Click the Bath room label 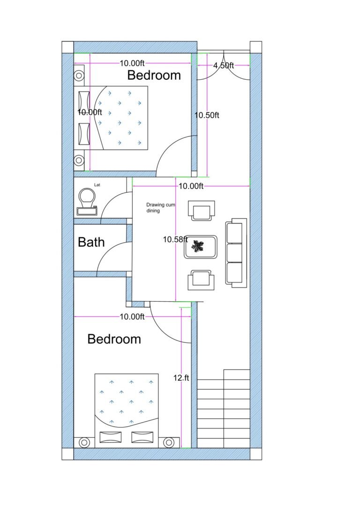[91, 242]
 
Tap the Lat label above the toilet [97, 185]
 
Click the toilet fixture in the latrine [87, 199]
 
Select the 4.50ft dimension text [224, 66]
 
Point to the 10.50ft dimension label [207, 115]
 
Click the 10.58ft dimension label [175, 239]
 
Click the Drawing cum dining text [160, 208]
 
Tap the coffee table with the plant [201, 247]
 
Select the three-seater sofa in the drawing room [236, 252]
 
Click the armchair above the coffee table [201, 210]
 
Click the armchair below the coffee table [201, 280]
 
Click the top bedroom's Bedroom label [154, 75]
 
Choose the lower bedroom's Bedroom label [114, 339]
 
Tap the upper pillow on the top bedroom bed [84, 99]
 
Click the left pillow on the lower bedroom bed [110, 437]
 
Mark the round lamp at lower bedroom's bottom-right [169, 442]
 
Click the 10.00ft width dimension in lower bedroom [132, 317]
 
